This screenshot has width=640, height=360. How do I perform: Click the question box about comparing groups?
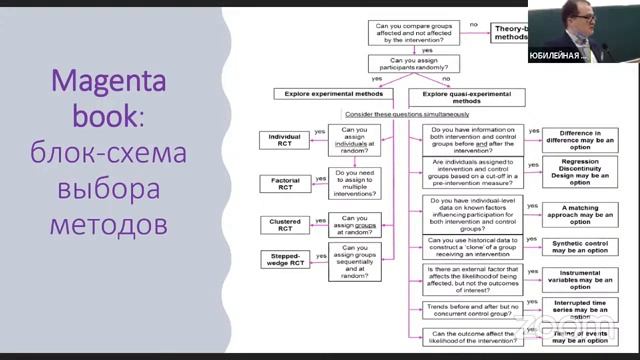(416, 34)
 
